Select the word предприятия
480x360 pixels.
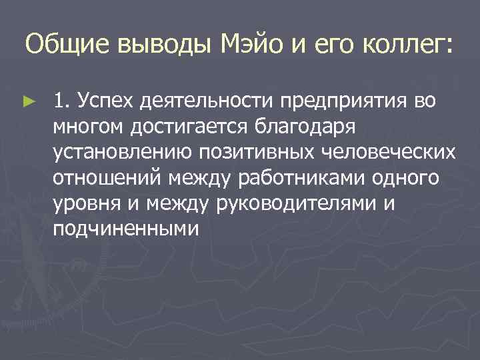(347, 101)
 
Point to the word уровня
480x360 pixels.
(82, 203)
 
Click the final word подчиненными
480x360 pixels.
(127, 229)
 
